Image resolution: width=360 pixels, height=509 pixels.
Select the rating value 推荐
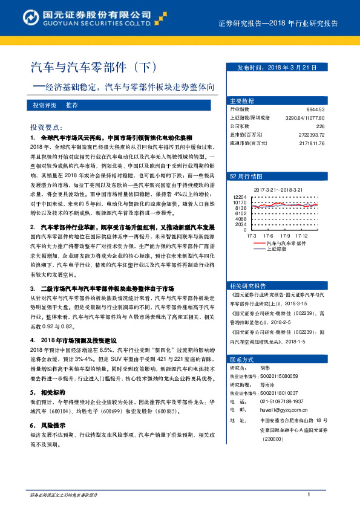coord(72,105)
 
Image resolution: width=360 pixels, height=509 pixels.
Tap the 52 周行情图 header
coord(246,177)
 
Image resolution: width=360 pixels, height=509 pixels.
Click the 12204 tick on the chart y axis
coord(239,197)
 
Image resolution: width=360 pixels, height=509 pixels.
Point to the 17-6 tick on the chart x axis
coord(268,235)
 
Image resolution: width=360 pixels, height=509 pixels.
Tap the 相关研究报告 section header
coord(248,285)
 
